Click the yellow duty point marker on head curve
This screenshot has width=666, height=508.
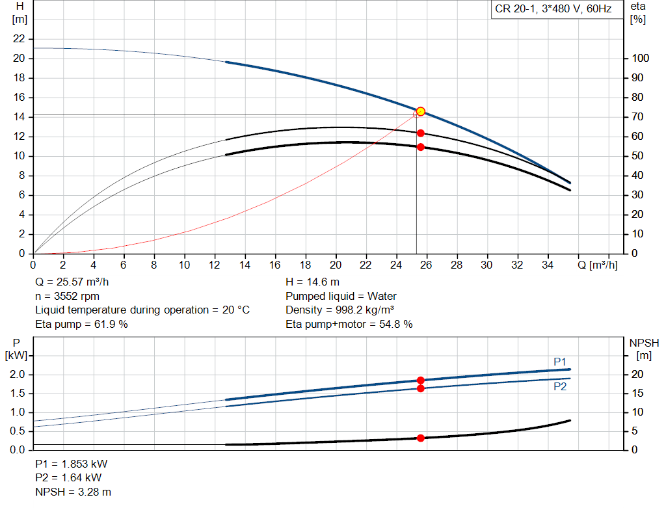pos(421,111)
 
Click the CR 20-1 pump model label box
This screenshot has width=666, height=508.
pos(553,10)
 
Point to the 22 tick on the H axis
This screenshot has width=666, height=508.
pos(20,39)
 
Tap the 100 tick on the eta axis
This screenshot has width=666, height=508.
pos(640,59)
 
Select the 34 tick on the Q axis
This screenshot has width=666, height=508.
pos(548,265)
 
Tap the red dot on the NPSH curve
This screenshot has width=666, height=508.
pos(421,438)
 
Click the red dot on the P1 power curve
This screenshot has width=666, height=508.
pos(421,381)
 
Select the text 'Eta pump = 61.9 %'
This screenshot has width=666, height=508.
pos(81,324)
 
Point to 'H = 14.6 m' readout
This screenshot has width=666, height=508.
pos(312,282)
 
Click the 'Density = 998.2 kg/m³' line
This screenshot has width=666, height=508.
pos(340,310)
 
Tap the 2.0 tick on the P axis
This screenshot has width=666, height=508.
pos(19,375)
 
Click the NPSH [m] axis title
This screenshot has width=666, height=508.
pos(644,349)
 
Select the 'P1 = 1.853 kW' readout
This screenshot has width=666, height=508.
pos(72,464)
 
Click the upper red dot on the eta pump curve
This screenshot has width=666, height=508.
pos(421,133)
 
